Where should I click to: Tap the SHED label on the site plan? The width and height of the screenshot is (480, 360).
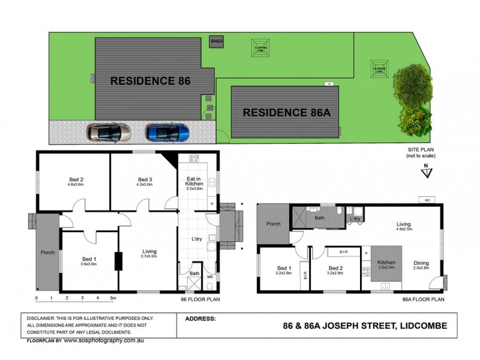216,41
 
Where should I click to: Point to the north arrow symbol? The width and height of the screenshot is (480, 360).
425,172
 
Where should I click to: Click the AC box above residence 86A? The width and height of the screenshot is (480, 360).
427,200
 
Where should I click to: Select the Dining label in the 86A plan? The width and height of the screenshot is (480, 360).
421,262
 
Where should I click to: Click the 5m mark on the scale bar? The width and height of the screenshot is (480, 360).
113,298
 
